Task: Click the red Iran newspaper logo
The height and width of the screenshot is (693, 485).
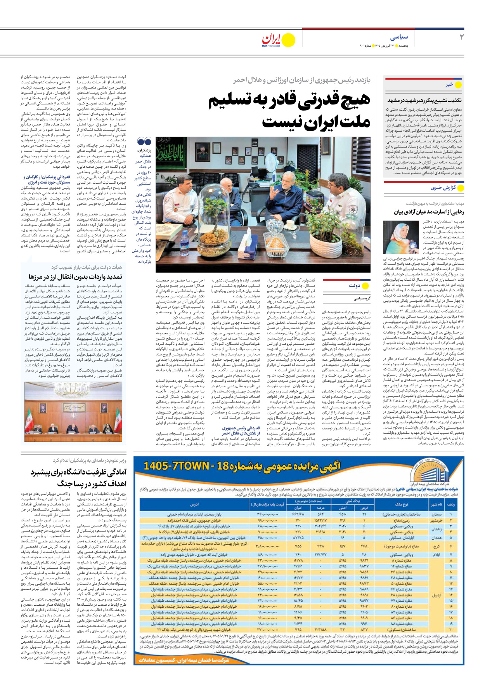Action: coord(271,40)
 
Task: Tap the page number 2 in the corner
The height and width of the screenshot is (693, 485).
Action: coord(461,37)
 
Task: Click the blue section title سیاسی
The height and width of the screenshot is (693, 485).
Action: coord(399,38)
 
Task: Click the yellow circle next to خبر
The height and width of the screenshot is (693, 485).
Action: coord(458,85)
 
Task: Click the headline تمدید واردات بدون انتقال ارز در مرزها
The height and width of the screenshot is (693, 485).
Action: coord(75,277)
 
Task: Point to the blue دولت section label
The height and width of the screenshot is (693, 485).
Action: coord(354,285)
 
